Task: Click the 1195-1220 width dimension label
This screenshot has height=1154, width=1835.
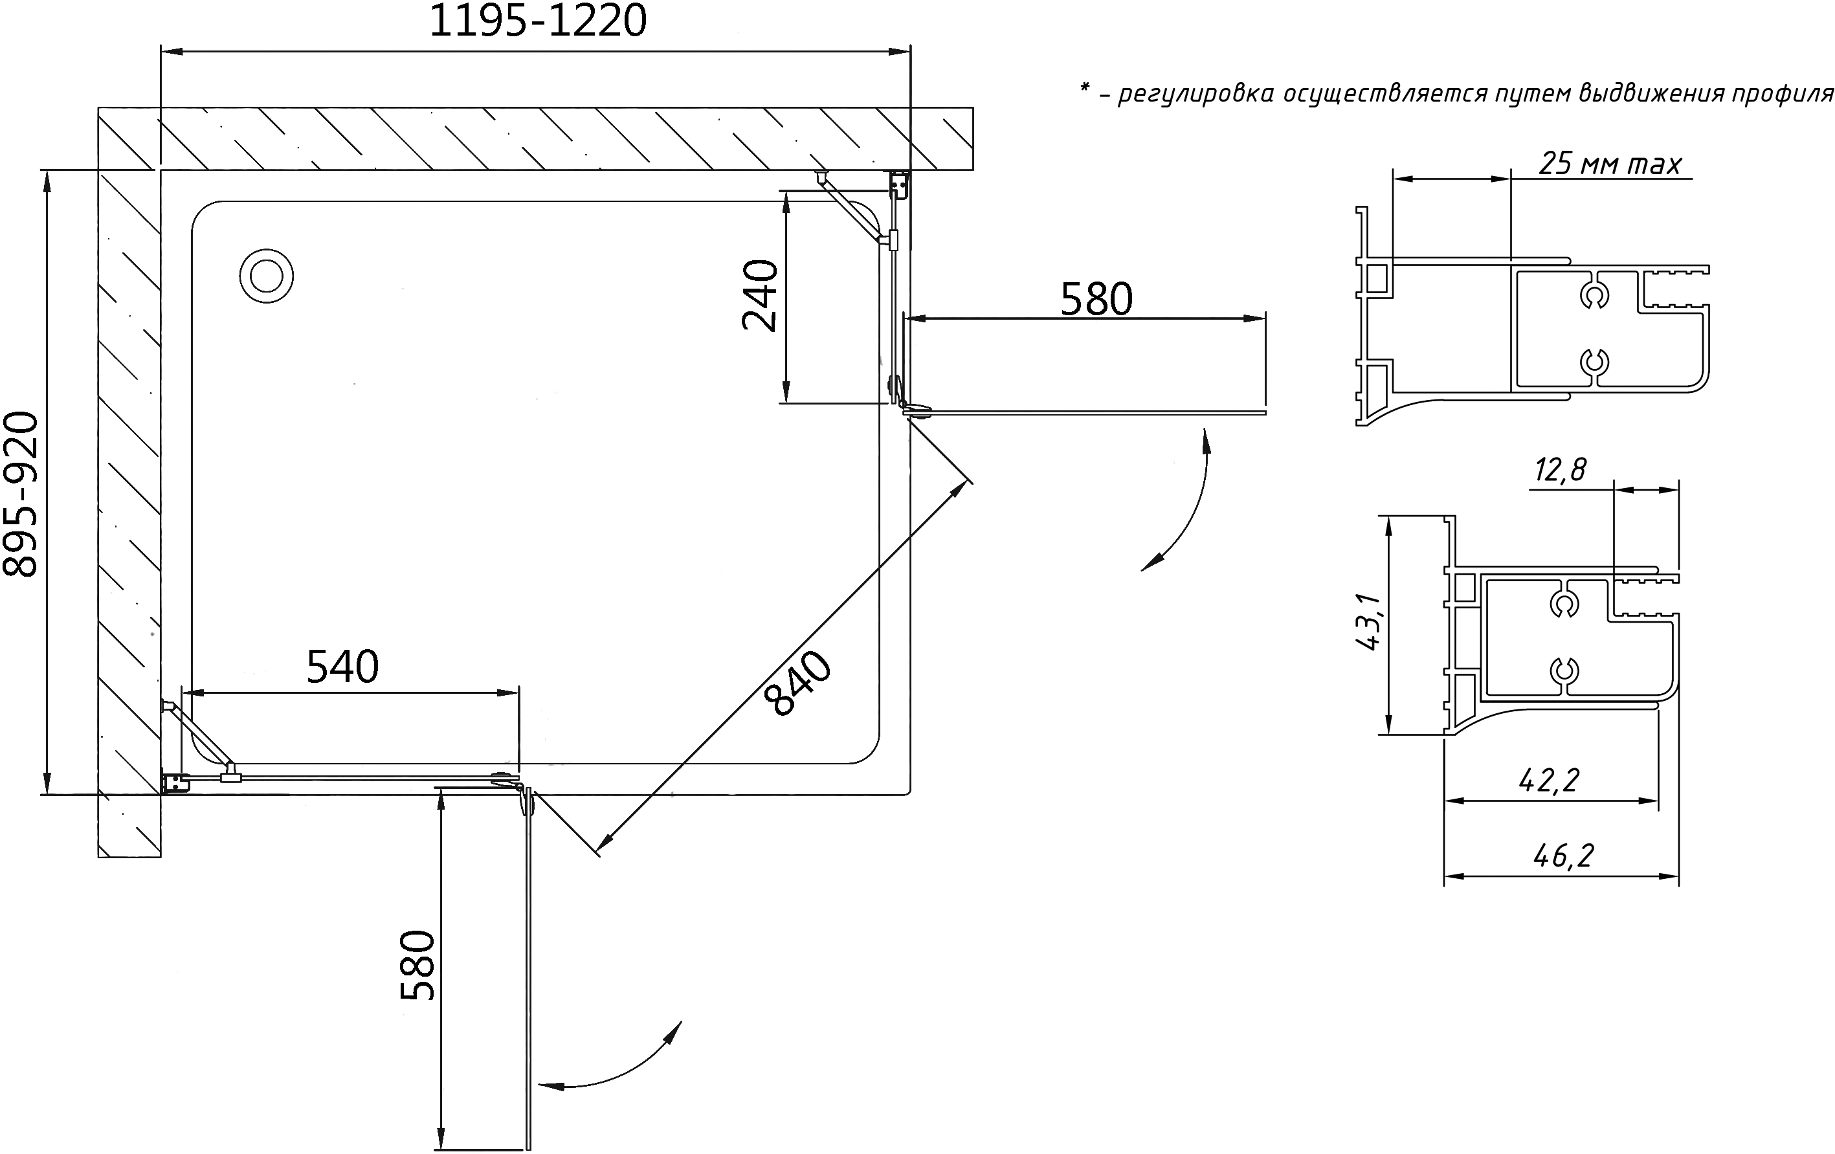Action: [538, 21]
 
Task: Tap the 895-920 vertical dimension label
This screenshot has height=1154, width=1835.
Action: [21, 494]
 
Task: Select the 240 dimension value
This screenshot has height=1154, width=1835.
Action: [760, 295]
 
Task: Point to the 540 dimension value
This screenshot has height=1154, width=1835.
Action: [342, 667]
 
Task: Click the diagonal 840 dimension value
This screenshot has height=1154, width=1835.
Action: [799, 683]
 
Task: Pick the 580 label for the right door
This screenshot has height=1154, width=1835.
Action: [1096, 299]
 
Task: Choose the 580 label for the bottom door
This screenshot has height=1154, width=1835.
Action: [417, 964]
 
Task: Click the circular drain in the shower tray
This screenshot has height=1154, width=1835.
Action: [267, 276]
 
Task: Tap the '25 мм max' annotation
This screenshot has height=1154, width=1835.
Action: [1610, 164]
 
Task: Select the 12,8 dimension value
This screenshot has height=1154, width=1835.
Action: [1560, 469]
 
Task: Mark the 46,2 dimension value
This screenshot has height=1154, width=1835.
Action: [1563, 856]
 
